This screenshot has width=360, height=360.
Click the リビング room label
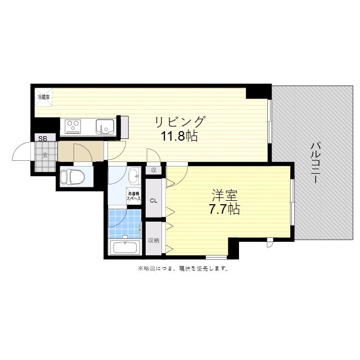180,121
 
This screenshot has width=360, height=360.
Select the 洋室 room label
224,196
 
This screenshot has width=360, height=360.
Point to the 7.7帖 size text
224,210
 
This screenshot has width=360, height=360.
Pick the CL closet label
154,200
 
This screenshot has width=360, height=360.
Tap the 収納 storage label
154,240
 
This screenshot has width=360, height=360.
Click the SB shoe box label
43,138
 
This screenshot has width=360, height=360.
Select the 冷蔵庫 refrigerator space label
43,97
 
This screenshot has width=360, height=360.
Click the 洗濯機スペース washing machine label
133,197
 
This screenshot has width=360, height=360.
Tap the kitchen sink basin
104,125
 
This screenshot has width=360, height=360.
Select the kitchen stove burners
74,125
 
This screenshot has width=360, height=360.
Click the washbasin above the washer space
135,177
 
